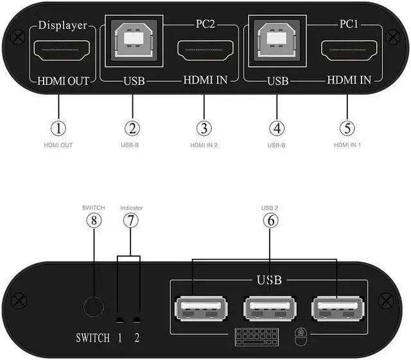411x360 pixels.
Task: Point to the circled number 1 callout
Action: pos(59,128)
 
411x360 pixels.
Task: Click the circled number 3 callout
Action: pos(204,128)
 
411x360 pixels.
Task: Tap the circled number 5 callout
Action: pos(347,128)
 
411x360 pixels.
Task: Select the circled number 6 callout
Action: pos(270,220)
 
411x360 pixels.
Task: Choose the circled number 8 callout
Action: pos(94,220)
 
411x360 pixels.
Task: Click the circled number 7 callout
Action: pos(131,220)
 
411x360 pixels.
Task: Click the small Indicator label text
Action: pos(131,208)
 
